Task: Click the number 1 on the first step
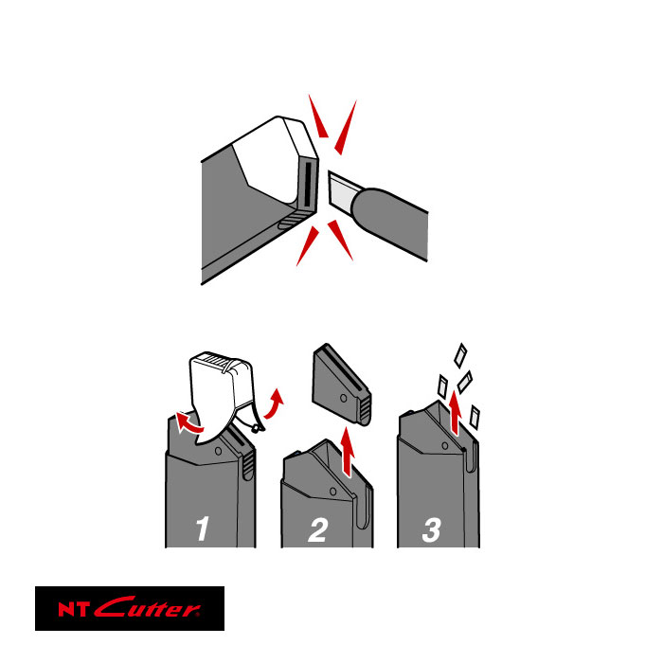coord(203,529)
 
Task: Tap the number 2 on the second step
coord(317,529)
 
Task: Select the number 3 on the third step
coord(432,529)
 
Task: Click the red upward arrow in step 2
coord(348,452)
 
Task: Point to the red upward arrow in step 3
coord(455,412)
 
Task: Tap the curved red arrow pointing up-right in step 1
coord(274,403)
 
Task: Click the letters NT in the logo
coord(74,609)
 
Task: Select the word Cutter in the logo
coord(146,607)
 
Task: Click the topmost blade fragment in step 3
coord(460,355)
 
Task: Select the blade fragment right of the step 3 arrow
coord(475,418)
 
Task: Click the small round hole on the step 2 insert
coord(344,398)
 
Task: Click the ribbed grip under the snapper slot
coord(293,220)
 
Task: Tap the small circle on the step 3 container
coord(445,446)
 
